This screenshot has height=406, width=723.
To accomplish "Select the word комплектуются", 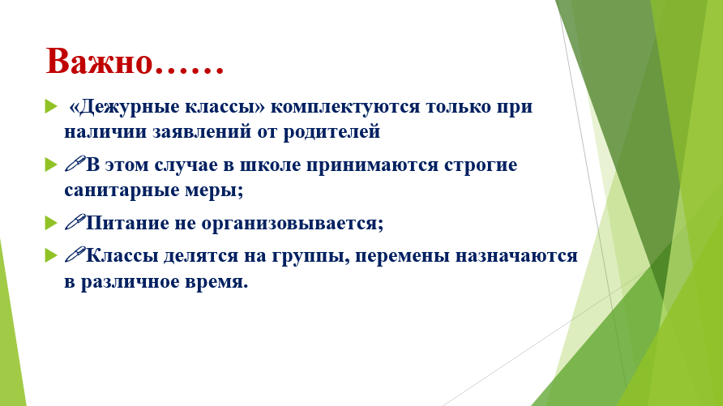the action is [x=345, y=107].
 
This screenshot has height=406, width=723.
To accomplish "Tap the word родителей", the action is [x=332, y=132].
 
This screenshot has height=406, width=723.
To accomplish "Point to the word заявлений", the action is [x=202, y=132].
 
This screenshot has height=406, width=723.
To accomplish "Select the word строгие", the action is [x=481, y=166].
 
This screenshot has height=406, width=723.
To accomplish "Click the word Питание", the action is [x=128, y=223].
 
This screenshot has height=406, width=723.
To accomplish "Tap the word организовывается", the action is [x=293, y=224].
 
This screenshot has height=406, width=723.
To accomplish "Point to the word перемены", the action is [x=403, y=256].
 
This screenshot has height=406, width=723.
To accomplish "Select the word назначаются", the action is [x=517, y=256].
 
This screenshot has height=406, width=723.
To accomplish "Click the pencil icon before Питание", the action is [x=75, y=222].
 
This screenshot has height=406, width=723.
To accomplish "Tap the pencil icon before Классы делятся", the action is [x=75, y=254].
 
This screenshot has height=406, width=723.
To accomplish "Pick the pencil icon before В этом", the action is [x=75, y=164].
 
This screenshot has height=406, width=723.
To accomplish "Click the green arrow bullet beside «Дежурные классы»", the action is [x=51, y=106].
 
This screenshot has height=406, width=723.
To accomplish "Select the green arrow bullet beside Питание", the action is [x=51, y=223].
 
